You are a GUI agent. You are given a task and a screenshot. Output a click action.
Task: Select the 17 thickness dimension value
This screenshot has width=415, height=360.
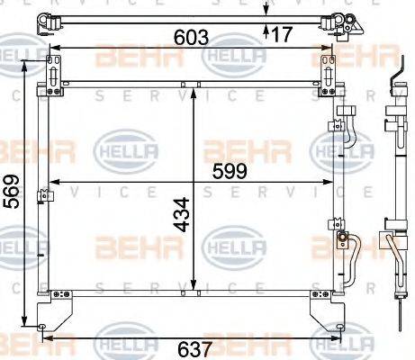[281, 35]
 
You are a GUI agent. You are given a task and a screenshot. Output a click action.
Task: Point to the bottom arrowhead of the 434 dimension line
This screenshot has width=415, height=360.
[195, 288]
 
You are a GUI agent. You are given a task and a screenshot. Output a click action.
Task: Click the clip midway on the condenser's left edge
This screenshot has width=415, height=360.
[41, 195]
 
